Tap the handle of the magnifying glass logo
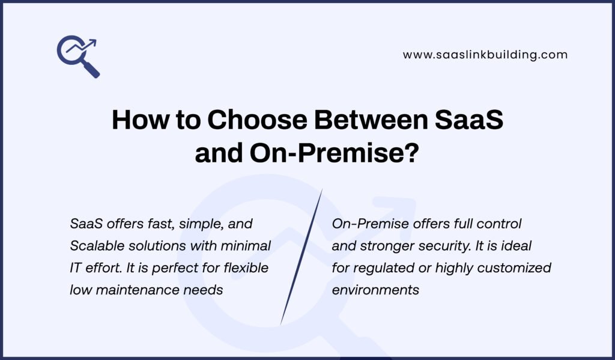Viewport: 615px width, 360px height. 92,70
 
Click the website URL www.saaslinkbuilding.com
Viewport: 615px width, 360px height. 485,55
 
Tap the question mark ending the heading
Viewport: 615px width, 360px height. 410,153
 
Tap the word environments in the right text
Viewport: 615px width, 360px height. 375,290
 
